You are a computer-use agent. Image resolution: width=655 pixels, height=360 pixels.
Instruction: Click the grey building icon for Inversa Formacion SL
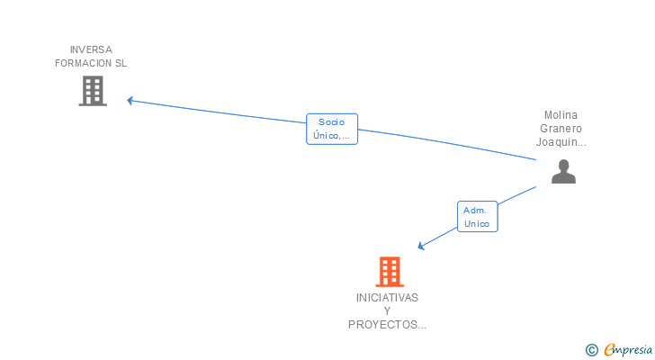pos(93,91)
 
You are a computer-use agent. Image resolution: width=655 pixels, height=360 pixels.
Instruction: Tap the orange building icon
pos(389,271)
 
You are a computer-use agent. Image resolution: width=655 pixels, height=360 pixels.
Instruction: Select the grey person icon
pos(563,171)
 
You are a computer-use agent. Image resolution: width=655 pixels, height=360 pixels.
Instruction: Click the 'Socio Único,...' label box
pos(332,129)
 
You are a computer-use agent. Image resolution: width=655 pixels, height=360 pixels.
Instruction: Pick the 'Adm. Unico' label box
pos(477,216)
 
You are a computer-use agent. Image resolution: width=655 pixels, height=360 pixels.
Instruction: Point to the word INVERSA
pos(91,49)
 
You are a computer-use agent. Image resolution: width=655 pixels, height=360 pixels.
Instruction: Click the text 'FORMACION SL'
pos(91,63)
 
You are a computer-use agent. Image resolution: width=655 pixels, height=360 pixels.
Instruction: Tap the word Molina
pos(561,114)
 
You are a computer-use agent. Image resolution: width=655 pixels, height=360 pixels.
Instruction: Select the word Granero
pos(561,128)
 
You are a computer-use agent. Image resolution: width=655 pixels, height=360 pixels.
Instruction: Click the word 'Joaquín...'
pos(561,141)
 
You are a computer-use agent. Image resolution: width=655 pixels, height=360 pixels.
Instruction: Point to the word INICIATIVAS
pos(387,297)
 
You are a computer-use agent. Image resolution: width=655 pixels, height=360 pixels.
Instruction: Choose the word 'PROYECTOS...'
pos(387,324)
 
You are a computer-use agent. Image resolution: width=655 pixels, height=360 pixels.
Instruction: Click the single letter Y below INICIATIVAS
pos(387,310)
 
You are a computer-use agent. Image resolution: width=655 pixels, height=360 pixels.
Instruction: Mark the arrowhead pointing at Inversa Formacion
pos(130,100)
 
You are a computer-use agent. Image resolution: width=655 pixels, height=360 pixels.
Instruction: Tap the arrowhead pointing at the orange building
pos(420,246)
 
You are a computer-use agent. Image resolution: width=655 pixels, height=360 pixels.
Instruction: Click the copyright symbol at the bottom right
pos(591,349)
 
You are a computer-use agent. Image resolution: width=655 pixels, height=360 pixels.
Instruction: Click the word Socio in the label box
pos(331,121)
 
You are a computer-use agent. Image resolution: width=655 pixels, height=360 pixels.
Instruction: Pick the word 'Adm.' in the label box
pos(475,210)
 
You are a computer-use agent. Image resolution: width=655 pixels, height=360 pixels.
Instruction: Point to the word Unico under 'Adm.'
pos(477,223)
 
